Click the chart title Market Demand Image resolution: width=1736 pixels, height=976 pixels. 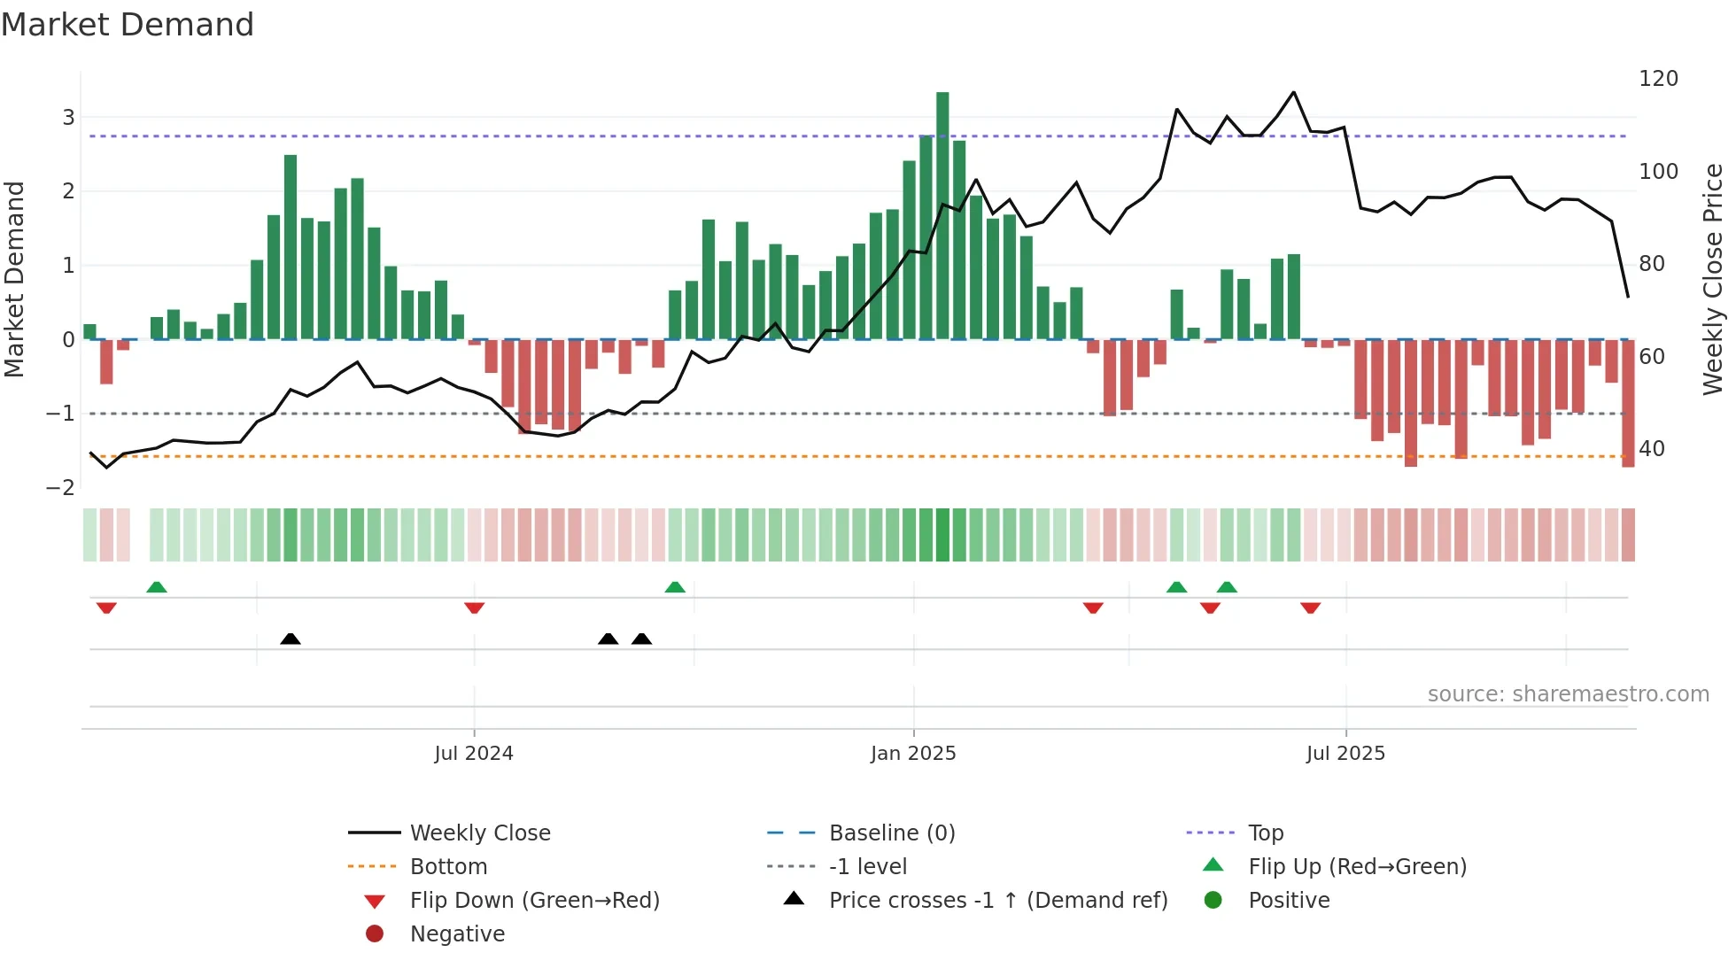pyautogui.click(x=128, y=25)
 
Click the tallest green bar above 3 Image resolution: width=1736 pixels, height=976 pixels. pyautogui.click(x=942, y=213)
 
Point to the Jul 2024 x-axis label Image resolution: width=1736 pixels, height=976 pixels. pyautogui.click(x=474, y=754)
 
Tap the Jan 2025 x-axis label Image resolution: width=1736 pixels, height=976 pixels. pyautogui.click(x=913, y=754)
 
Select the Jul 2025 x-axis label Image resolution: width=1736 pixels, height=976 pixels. pyautogui.click(x=1345, y=754)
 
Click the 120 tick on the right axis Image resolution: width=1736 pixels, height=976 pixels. pyautogui.click(x=1658, y=79)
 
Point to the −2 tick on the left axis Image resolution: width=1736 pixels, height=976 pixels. pyautogui.click(x=60, y=488)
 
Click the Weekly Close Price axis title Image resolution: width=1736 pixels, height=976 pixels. pyautogui.click(x=1713, y=279)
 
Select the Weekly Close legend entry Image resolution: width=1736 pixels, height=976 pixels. pyautogui.click(x=479, y=833)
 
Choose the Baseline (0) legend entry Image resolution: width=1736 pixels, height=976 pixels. pyautogui.click(x=891, y=833)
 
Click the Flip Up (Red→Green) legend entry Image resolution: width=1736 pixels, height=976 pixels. pyautogui.click(x=1357, y=867)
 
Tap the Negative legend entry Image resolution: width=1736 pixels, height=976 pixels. pyautogui.click(x=457, y=934)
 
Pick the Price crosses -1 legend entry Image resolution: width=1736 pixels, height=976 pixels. pyautogui.click(x=997, y=901)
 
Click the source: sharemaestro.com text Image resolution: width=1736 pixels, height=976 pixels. pyautogui.click(x=1568, y=694)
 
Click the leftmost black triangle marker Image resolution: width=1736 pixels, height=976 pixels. pyautogui.click(x=291, y=639)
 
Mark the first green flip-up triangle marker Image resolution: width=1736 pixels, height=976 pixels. pyautogui.click(x=157, y=587)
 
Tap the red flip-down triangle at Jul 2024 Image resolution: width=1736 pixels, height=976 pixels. pyautogui.click(x=474, y=608)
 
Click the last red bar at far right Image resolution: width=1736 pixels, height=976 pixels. pyautogui.click(x=1628, y=403)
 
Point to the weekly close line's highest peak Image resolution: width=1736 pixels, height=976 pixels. pyautogui.click(x=1294, y=92)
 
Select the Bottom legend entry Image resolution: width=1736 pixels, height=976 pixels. pyautogui.click(x=448, y=867)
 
